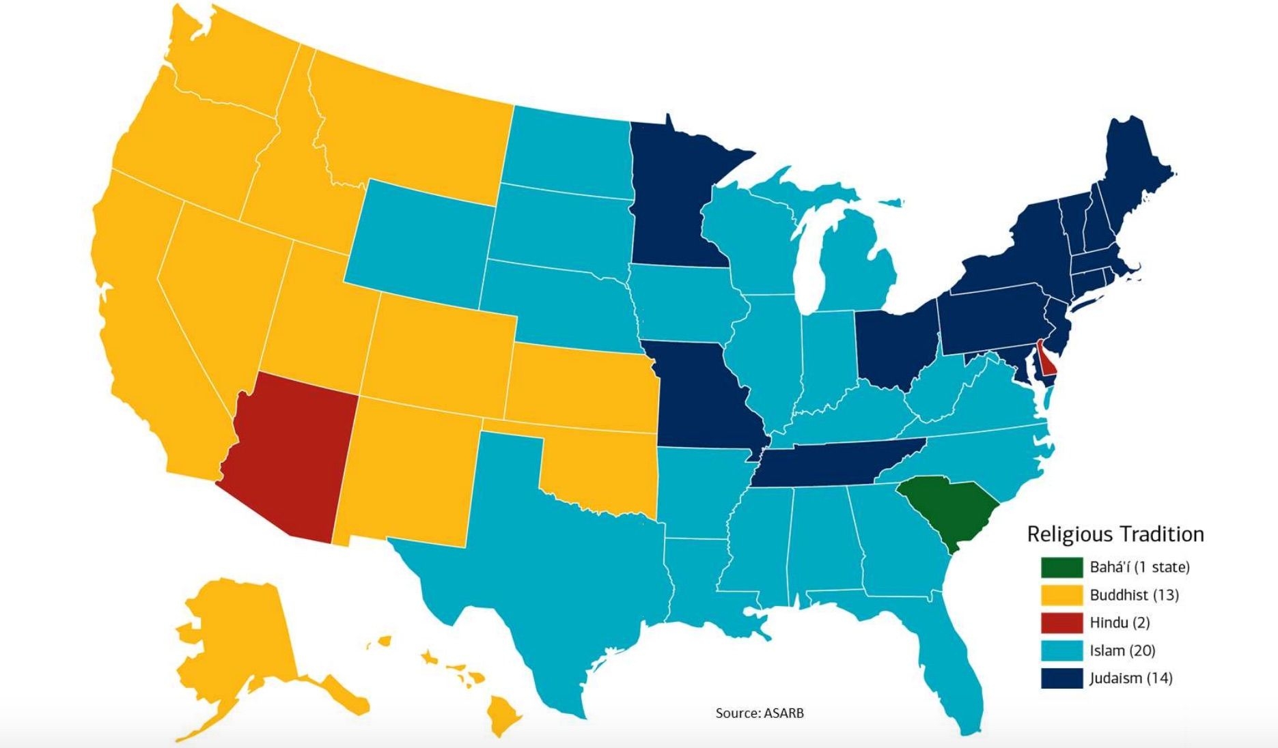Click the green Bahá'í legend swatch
(x=1061, y=567)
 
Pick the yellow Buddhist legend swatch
(x=1061, y=595)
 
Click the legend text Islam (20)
(x=1122, y=650)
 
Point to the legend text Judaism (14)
(x=1130, y=678)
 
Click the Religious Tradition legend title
(x=1115, y=534)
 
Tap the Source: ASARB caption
(x=759, y=713)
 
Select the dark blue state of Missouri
(x=704, y=396)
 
